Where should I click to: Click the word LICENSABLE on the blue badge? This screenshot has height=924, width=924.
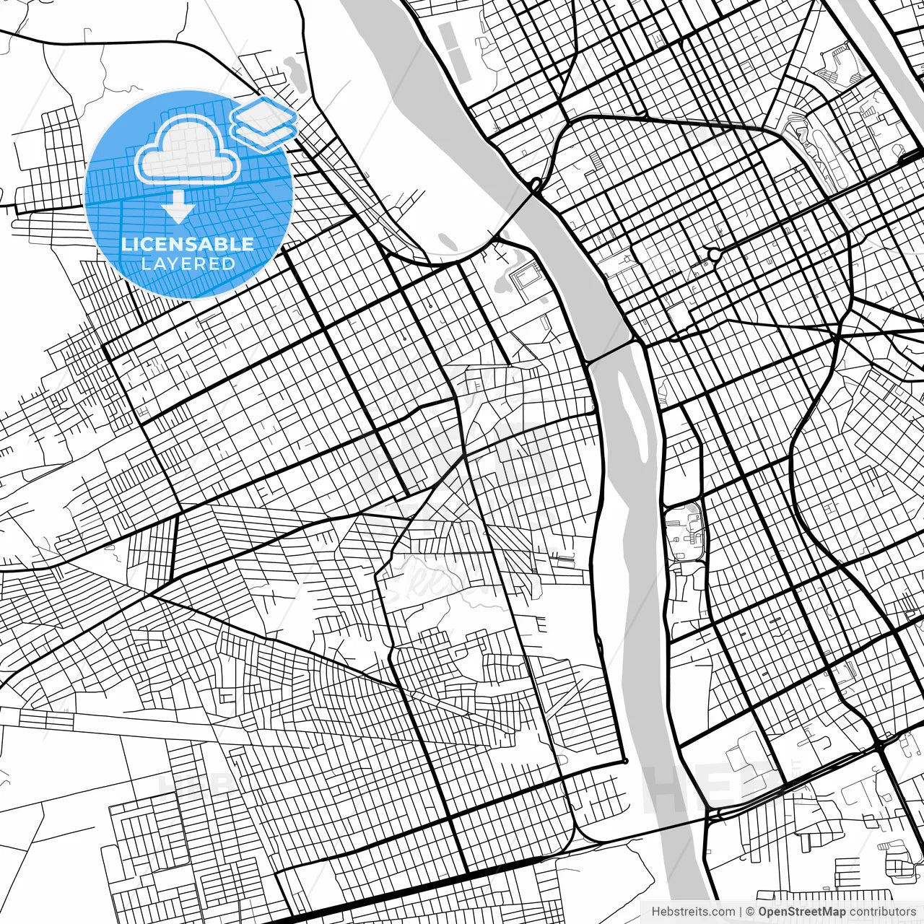[188, 244]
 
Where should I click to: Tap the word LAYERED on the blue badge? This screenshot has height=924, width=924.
[188, 263]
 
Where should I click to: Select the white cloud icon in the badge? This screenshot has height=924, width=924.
[188, 152]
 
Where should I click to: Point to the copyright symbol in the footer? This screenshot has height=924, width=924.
[750, 912]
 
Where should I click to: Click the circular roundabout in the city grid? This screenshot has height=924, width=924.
[715, 254]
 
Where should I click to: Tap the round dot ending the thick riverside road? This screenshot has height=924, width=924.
[625, 761]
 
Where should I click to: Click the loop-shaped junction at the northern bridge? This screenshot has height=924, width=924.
[536, 185]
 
